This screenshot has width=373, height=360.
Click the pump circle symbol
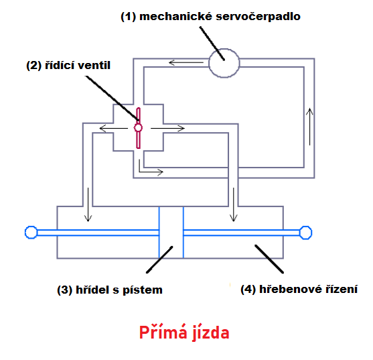coord(210,63)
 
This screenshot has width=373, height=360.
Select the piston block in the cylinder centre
coord(171,233)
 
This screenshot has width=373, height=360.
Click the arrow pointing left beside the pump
coord(186,63)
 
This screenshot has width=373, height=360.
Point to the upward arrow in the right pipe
coord(309,127)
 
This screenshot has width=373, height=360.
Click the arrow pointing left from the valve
coord(113,129)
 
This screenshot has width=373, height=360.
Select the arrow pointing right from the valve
coord(167,129)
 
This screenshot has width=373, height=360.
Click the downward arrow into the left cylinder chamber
coord(88,204)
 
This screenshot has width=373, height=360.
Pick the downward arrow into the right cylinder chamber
coord(233,204)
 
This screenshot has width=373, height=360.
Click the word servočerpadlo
coord(258,17)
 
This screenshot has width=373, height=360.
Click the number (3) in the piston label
coord(65,290)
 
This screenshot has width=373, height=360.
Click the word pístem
coord(143,290)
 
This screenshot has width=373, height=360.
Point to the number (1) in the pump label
coord(128,17)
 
